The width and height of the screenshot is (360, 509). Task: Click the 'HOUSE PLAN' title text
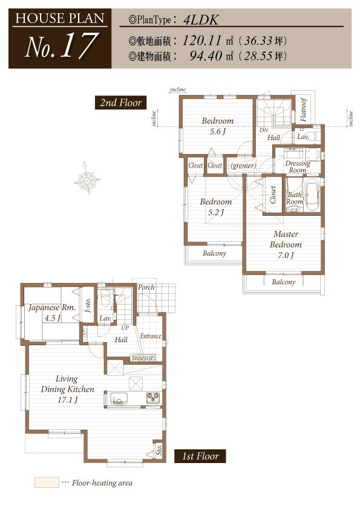[59, 18]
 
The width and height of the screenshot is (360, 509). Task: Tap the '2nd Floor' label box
[121, 103]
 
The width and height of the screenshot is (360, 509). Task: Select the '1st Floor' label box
[200, 456]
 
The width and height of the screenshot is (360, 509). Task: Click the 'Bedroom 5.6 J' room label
[217, 126]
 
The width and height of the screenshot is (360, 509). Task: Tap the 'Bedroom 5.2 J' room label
[215, 207]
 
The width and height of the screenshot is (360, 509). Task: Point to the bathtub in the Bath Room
[312, 196]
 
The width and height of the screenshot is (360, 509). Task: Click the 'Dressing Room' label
[297, 167]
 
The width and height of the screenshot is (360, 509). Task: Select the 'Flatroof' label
[304, 110]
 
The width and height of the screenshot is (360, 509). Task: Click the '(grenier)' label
[243, 166]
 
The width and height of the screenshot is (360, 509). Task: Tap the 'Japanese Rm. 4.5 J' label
[51, 313]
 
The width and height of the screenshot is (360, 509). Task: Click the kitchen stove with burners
[152, 397]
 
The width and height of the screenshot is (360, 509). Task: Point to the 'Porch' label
[146, 287]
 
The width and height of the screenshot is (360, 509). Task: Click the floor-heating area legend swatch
[47, 482]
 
